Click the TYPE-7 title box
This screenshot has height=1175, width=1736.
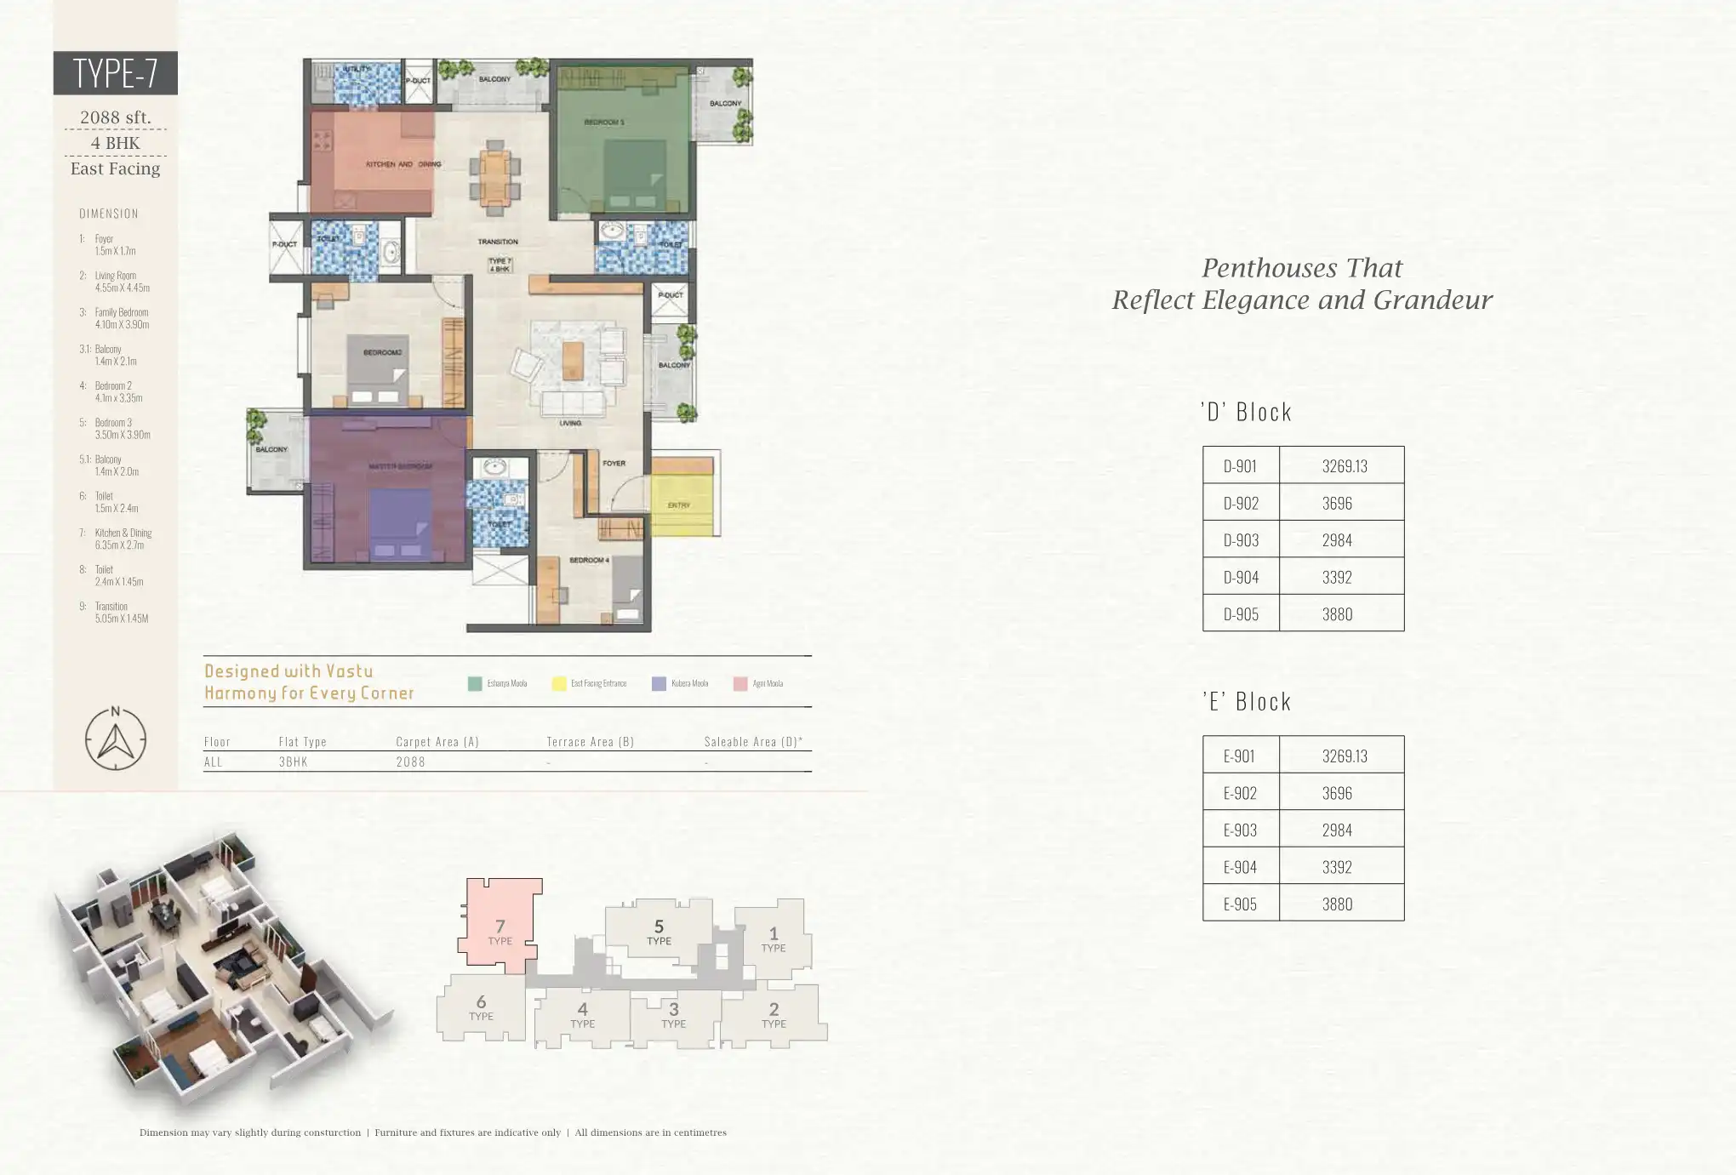pos(115,72)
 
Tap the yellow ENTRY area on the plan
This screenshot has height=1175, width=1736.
pos(680,505)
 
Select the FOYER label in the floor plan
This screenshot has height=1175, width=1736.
pos(614,464)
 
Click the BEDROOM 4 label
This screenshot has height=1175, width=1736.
pos(588,560)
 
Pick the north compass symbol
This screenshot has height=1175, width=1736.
pos(116,739)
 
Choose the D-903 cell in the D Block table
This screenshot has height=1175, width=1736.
pos(1240,539)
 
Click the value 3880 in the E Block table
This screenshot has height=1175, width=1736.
pos(1337,904)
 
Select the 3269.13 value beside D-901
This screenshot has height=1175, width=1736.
pos(1345,465)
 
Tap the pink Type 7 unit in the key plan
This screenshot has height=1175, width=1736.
pos(500,930)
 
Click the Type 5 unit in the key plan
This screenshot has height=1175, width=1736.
pos(659,931)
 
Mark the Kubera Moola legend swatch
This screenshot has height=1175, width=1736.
pos(659,683)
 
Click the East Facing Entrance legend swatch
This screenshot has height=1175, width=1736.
pos(559,683)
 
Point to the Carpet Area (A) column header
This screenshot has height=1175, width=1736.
pos(437,742)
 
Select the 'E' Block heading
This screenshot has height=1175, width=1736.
pos(1247,702)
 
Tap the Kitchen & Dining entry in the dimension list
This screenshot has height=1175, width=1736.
pos(123,539)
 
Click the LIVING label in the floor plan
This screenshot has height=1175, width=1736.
pos(570,423)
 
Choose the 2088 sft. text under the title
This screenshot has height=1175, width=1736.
pos(115,117)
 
